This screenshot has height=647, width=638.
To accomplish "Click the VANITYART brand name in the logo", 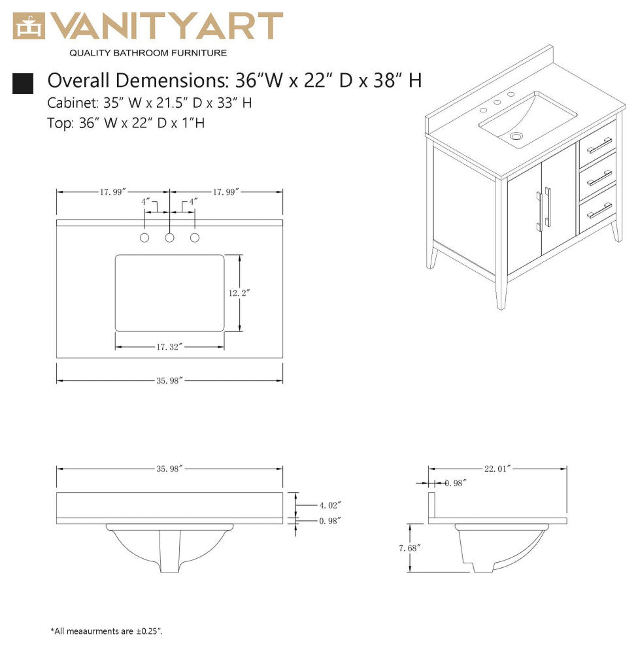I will click(167, 26).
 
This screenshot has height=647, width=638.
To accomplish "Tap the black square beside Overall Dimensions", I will click(23, 83).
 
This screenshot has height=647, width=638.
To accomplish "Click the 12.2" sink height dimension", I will click(239, 293).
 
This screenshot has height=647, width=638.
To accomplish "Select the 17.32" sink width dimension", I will click(169, 346).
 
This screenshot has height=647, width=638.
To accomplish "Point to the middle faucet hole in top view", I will click(170, 238).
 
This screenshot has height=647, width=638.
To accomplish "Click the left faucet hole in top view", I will click(145, 238).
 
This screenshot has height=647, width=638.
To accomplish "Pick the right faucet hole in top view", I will click(195, 238).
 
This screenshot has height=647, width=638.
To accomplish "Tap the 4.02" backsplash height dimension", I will click(330, 505).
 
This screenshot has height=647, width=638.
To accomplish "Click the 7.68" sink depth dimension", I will click(409, 548).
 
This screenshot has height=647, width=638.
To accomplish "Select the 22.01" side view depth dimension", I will click(497, 468).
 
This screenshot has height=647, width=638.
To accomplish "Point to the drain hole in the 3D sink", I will click(518, 137).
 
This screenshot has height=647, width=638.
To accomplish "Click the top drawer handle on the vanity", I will click(599, 145).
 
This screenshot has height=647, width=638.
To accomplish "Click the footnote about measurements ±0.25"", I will click(106, 631).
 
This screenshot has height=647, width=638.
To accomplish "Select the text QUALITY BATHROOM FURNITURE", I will click(148, 52).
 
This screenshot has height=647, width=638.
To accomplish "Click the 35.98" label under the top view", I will click(169, 380).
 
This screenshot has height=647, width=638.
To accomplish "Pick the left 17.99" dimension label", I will click(112, 191).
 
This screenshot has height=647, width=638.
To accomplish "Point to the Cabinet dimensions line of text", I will click(150, 103).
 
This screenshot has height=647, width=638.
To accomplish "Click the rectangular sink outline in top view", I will click(170, 293).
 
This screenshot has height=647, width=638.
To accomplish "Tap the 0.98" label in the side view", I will click(456, 483).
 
